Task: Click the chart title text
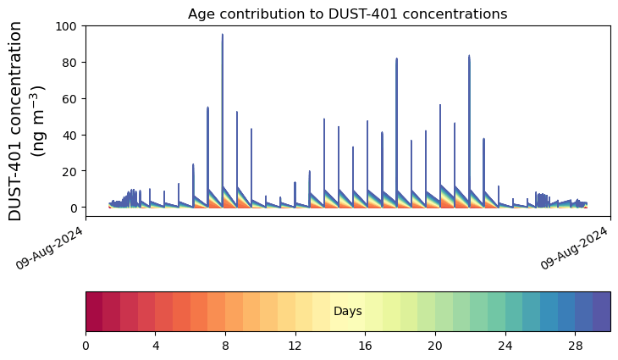[347, 14]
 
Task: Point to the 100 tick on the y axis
[66, 26]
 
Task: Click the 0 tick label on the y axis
[73, 208]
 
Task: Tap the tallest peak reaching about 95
[223, 36]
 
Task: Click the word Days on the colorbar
[347, 312]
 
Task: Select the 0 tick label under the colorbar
[86, 346]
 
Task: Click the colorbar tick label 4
[156, 346]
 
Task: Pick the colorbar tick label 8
[225, 346]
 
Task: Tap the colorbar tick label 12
[295, 346]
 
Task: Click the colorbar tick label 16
[366, 346]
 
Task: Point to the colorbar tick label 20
[435, 346]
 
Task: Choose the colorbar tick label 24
[505, 346]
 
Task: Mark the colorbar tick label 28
[576, 346]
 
